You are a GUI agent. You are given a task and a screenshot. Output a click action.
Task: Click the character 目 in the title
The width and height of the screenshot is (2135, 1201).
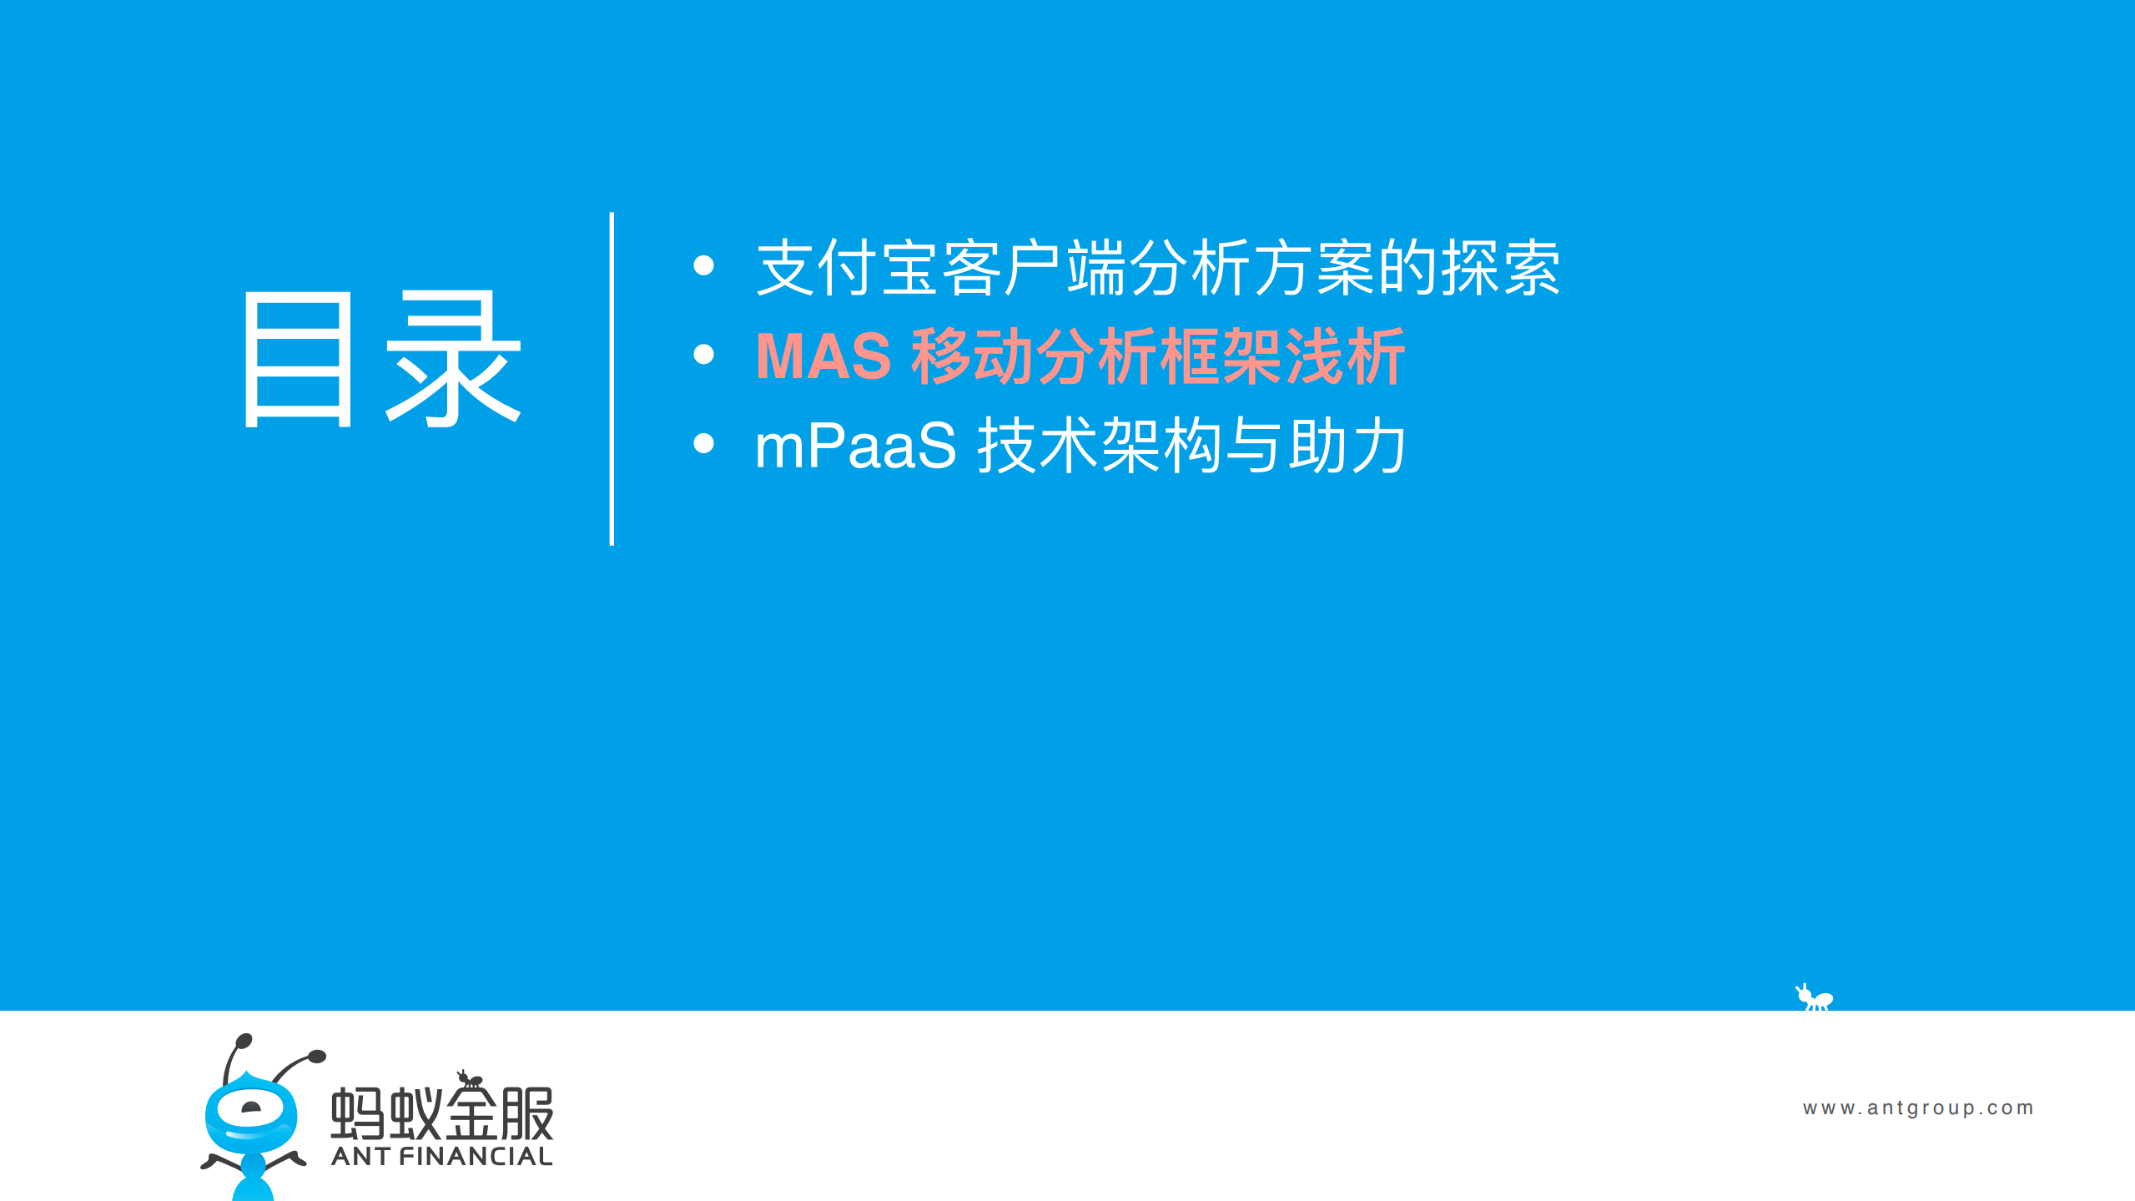[299, 361]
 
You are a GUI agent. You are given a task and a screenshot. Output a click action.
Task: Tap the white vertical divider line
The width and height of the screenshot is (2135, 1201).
[612, 379]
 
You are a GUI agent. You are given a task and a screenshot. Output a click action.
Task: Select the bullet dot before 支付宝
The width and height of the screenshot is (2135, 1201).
[703, 265]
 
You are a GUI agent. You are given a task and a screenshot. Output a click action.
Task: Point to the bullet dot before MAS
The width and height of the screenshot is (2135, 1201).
[703, 355]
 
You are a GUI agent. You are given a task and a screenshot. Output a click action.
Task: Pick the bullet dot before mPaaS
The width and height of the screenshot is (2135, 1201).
[703, 443]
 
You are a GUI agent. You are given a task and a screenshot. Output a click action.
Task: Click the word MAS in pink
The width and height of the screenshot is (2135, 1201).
[823, 357]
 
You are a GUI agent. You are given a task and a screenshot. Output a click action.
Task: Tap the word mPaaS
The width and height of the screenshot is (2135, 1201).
[855, 447]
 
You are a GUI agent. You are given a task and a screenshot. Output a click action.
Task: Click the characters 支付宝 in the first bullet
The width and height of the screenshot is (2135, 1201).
[848, 268]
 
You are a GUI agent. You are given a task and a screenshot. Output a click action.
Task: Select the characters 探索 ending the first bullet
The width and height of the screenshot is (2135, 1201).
[1500, 268]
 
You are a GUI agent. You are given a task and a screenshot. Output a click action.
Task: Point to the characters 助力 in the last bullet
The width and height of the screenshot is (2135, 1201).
[1347, 447]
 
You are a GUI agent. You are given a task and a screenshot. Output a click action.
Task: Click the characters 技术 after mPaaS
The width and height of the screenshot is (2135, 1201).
[1040, 447]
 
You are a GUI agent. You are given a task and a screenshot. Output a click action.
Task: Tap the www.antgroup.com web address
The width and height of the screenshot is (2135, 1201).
[1918, 1108]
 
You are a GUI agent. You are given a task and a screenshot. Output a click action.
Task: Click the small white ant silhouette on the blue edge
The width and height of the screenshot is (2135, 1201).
[1815, 998]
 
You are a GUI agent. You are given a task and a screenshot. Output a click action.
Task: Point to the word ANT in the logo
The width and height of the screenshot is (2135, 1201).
[360, 1157]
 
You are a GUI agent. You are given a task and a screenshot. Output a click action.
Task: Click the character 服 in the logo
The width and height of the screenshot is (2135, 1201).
[527, 1113]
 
